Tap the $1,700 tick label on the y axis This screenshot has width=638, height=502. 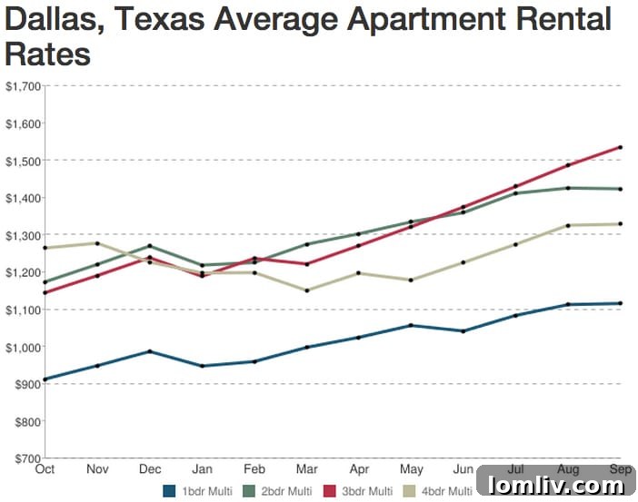click(x=23, y=86)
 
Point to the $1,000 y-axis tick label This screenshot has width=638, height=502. click(x=23, y=348)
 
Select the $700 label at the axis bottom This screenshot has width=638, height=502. click(x=27, y=458)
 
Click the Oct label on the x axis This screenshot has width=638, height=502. click(x=45, y=469)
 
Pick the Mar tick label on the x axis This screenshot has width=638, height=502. click(x=306, y=469)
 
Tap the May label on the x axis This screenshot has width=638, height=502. click(x=411, y=469)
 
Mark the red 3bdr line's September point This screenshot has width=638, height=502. click(x=620, y=147)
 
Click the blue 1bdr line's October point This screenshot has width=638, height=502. click(x=45, y=379)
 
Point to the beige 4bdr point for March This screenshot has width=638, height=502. click(x=306, y=290)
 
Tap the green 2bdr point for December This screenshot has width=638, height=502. click(x=149, y=246)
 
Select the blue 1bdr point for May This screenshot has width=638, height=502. click(x=411, y=325)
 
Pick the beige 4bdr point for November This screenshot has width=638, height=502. click(x=97, y=243)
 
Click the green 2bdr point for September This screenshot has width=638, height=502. click(x=620, y=189)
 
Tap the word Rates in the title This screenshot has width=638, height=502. click(x=48, y=54)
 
